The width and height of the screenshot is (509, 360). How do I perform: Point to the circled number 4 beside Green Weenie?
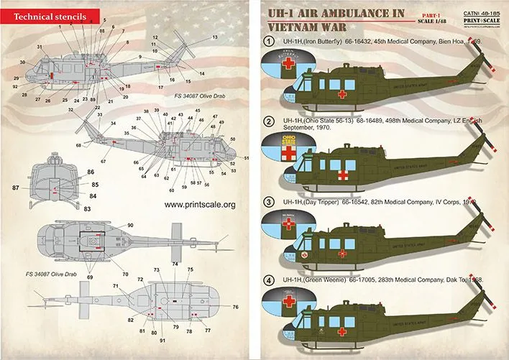point(270,279)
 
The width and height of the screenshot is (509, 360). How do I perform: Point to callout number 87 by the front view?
point(15,188)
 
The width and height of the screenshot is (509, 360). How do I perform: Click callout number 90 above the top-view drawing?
point(131,226)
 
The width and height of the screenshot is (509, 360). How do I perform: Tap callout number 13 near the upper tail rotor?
point(214,37)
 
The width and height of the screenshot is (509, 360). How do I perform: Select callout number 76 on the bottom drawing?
point(235,306)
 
